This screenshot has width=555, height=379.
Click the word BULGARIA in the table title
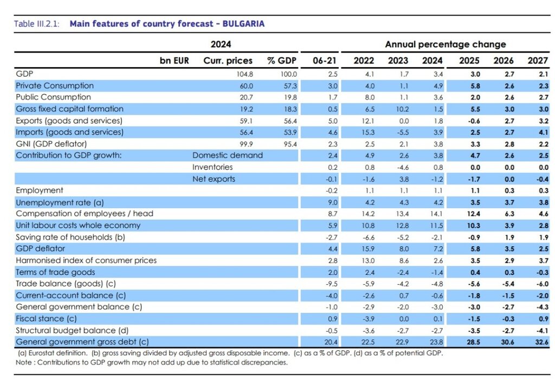pyautogui.click(x=244, y=24)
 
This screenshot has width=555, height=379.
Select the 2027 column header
pyautogui.click(x=538, y=61)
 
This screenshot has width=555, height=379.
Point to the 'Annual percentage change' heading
pyautogui.click(x=446, y=44)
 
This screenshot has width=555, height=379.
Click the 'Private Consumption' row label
pyautogui.click(x=55, y=86)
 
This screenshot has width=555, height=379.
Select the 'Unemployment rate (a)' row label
pyautogui.click(x=59, y=202)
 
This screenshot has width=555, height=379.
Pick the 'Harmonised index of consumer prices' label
pyautogui.click(x=86, y=260)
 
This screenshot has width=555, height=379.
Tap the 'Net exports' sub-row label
pyautogui.click(x=214, y=179)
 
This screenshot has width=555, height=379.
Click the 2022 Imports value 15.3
pyautogui.click(x=367, y=132)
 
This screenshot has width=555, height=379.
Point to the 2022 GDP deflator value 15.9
pyautogui.click(x=367, y=249)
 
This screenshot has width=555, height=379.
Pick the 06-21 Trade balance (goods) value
pyautogui.click(x=331, y=284)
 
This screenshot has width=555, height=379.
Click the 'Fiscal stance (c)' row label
pyautogui.click(x=48, y=318)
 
